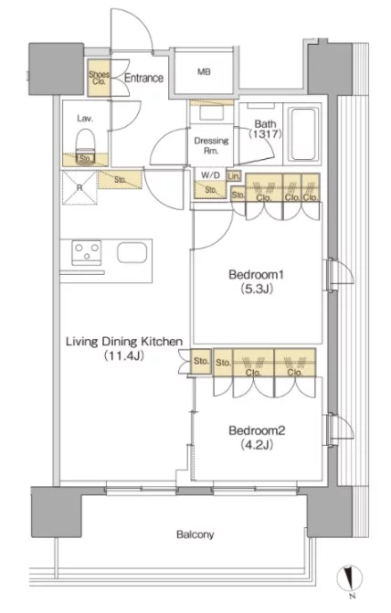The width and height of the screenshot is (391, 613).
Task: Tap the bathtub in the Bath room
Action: pyautogui.click(x=303, y=133)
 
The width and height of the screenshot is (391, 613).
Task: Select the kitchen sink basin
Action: pyautogui.click(x=132, y=253)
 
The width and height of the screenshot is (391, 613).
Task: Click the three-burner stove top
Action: pyautogui.click(x=87, y=253)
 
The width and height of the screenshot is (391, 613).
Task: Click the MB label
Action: pyautogui.click(x=204, y=72)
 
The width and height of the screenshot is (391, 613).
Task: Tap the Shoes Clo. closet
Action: pyautogui.click(x=99, y=78)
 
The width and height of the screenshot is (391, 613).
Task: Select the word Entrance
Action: pyautogui.click(x=143, y=78)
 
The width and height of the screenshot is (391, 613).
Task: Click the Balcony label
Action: pyautogui.click(x=195, y=534)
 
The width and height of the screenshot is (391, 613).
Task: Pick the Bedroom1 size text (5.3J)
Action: pyautogui.click(x=256, y=289)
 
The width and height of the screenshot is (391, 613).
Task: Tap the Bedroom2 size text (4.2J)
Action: pyautogui.click(x=257, y=445)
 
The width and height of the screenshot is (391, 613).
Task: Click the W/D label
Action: pyautogui.click(x=210, y=175)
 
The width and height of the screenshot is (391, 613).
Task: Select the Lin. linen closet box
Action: pyautogui.click(x=234, y=176)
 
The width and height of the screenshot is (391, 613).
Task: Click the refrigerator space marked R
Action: pyautogui.click(x=79, y=187)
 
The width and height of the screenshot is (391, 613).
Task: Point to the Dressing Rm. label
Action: pyautogui.click(x=211, y=145)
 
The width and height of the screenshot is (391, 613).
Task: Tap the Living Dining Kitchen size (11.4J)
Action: pyautogui.click(x=123, y=355)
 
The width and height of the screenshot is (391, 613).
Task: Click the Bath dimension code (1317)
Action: pyautogui.click(x=265, y=134)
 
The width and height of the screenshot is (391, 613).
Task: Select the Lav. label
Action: pyautogui.click(x=85, y=118)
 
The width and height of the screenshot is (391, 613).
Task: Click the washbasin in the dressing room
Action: pyautogui.click(x=211, y=112)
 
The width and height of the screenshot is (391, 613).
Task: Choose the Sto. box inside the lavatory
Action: pyautogui.click(x=86, y=159)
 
